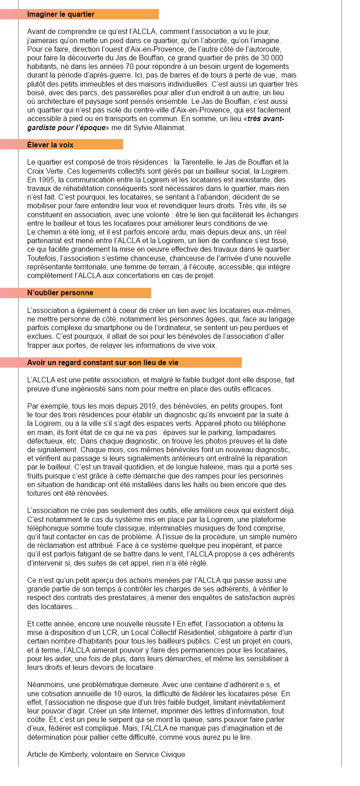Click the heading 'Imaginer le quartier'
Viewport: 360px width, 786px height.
(61, 15)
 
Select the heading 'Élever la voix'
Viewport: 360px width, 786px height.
(50, 145)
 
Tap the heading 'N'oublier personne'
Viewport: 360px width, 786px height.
(60, 293)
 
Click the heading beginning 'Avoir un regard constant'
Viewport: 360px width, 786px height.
(102, 363)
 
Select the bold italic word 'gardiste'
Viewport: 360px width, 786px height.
(40, 128)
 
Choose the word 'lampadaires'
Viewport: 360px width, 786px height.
(255, 433)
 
